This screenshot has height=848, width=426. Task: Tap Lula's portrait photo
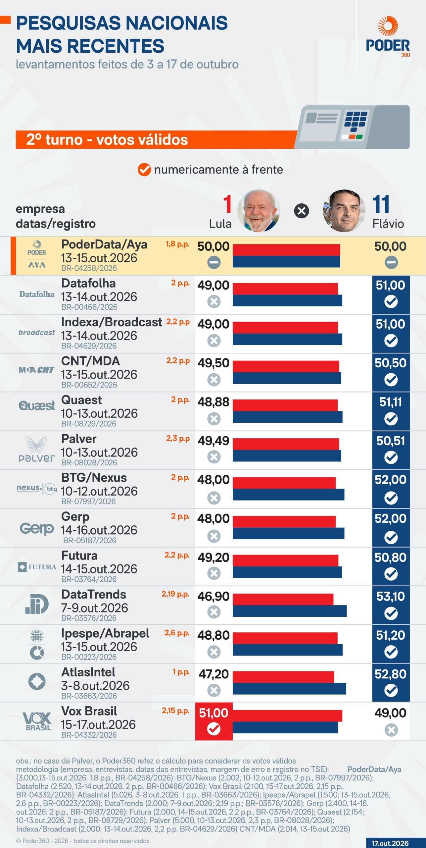click(x=259, y=211)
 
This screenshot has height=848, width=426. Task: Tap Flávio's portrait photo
click(x=344, y=211)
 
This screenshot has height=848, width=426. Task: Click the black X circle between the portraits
click(x=302, y=211)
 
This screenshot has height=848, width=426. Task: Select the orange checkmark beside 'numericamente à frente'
click(x=144, y=170)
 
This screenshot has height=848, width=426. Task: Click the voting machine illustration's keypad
click(x=355, y=121)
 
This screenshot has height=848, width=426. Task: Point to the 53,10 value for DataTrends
click(x=391, y=596)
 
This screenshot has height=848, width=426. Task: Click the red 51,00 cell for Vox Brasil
click(x=214, y=721)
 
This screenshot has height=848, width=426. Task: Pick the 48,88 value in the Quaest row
click(x=213, y=402)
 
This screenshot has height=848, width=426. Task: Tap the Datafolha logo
click(x=37, y=294)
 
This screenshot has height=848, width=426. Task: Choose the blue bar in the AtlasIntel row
click(x=289, y=688)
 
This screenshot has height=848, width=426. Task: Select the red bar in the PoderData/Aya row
click(x=286, y=250)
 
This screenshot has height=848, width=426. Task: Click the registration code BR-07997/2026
click(x=88, y=502)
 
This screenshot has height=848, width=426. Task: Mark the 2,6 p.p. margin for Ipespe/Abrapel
click(x=177, y=633)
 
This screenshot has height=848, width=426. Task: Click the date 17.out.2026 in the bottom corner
click(x=390, y=843)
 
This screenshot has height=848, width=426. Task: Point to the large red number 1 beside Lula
click(x=227, y=204)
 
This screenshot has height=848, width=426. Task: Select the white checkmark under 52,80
click(x=391, y=691)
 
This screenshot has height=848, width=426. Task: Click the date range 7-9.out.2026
click(x=94, y=608)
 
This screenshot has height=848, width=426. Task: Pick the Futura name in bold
click(x=79, y=556)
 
